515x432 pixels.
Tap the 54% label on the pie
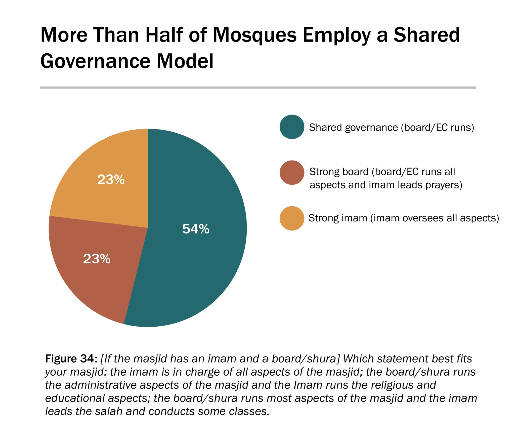pyautogui.click(x=196, y=229)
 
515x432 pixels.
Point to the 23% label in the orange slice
pyautogui.click(x=111, y=180)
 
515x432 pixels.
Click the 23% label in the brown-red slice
pyautogui.click(x=97, y=259)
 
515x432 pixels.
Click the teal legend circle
pyautogui.click(x=292, y=127)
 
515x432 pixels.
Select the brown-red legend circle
pyautogui.click(x=292, y=173)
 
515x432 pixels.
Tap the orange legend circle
pyautogui.click(x=292, y=218)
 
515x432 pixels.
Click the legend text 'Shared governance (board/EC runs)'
pyautogui.click(x=391, y=128)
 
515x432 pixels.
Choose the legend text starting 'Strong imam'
pyautogui.click(x=404, y=218)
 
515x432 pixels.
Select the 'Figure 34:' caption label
pyautogui.click(x=71, y=359)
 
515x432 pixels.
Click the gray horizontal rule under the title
pyautogui.click(x=258, y=88)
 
